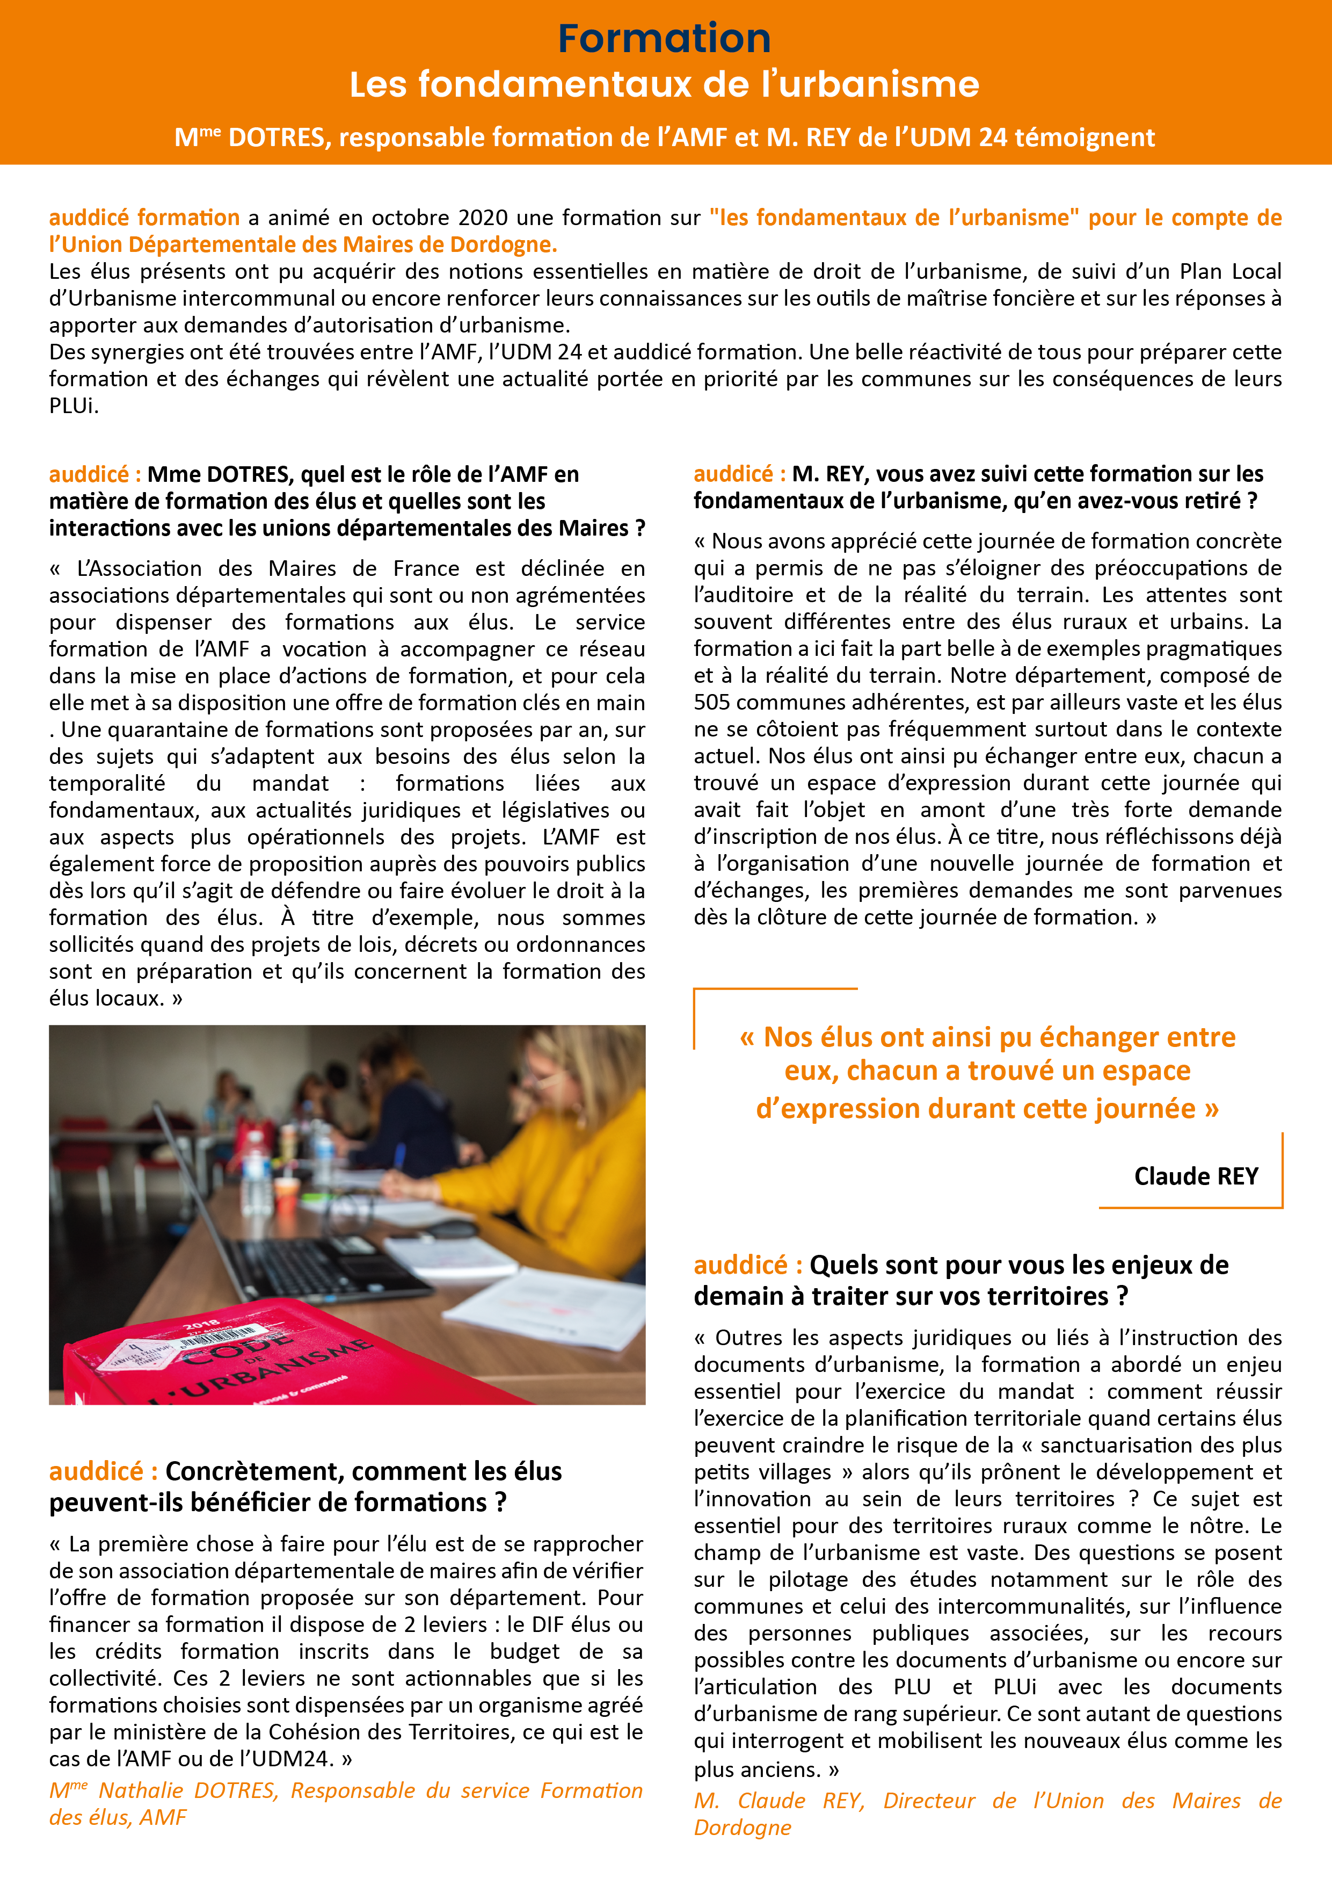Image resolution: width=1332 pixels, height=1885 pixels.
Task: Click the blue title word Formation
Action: click(x=664, y=39)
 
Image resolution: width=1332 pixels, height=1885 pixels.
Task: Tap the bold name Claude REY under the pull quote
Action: click(x=1196, y=1176)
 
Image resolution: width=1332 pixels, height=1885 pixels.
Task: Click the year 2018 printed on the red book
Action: click(x=201, y=1324)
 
